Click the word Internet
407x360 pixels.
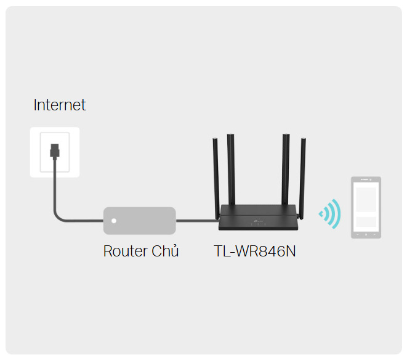pos(60,105)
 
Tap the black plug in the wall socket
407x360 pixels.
pos(55,151)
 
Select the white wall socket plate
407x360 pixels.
pos(55,152)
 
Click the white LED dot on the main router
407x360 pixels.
pos(114,221)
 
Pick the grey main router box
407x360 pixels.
pos(140,221)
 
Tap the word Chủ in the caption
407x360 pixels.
pos(165,250)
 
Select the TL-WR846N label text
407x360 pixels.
pos(255,251)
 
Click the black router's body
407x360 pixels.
pos(258,218)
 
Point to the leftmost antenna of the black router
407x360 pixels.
pos(216,179)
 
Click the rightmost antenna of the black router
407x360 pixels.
pos(302,179)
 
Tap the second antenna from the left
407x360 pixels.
pos(231,170)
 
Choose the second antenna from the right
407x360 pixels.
pos(286,170)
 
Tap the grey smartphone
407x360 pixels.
pos(366,207)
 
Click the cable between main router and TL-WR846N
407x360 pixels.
pos(198,221)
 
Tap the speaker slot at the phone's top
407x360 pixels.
pos(365,179)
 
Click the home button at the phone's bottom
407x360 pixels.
pos(366,235)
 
